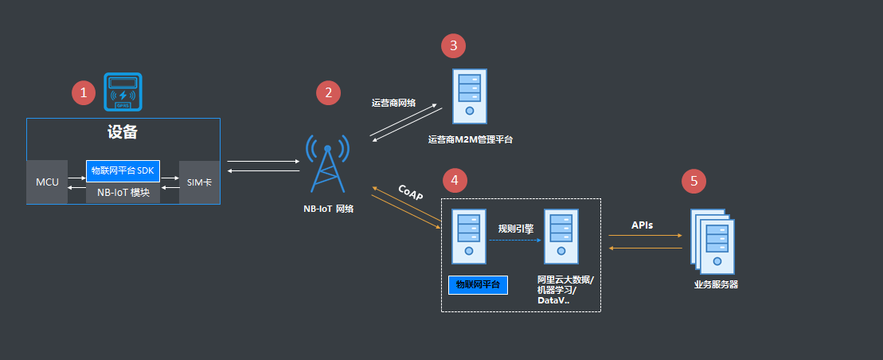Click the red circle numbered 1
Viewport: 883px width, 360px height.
[84, 92]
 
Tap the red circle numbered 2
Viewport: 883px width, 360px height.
[327, 92]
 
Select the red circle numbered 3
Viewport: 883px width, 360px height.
[454, 45]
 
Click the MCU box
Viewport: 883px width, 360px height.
[47, 182]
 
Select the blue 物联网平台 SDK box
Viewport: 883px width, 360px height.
[123, 170]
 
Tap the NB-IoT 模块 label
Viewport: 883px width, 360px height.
[123, 193]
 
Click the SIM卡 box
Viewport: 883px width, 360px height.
[199, 182]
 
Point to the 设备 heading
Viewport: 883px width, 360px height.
[123, 133]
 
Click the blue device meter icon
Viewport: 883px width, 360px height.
[123, 92]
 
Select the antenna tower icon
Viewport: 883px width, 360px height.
[328, 163]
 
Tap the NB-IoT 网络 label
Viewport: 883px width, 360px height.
[327, 209]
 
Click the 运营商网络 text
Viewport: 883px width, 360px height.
[393, 103]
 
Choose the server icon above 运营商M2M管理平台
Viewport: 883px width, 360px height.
[470, 96]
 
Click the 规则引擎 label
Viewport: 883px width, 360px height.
[515, 229]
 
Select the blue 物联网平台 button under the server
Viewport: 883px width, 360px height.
[478, 284]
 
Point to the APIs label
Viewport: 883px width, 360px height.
[643, 225]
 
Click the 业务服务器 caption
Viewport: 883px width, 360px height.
[716, 284]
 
